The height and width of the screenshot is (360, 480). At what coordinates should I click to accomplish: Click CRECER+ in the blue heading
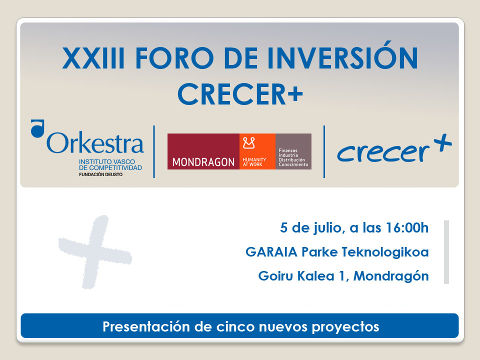click(x=240, y=93)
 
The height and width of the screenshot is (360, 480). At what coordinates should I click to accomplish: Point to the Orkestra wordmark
click(x=95, y=143)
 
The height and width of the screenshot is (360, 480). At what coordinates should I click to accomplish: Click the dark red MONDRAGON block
click(x=203, y=151)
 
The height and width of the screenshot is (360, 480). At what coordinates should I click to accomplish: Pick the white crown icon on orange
click(x=249, y=144)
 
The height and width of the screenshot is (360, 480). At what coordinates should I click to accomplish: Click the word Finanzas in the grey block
click(x=288, y=150)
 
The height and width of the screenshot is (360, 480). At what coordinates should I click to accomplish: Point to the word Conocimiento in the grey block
click(x=293, y=165)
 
